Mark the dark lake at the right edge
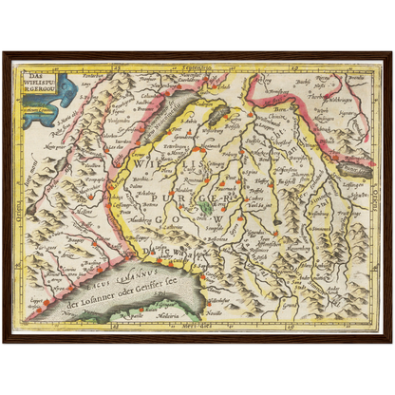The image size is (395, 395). tap(355, 171)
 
